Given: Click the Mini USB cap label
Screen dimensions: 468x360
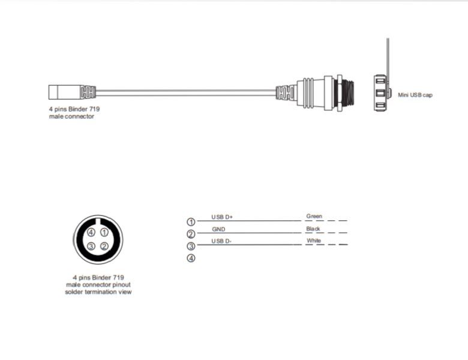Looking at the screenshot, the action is [415, 95].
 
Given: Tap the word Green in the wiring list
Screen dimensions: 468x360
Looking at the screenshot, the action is [314, 216].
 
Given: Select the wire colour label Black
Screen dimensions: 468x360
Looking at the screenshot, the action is [313, 229].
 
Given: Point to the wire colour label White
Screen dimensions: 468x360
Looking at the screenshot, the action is [314, 240].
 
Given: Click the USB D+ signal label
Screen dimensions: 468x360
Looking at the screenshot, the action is [222, 217].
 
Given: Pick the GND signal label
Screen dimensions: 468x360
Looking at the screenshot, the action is [218, 229].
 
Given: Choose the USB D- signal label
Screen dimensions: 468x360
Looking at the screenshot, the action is [221, 241].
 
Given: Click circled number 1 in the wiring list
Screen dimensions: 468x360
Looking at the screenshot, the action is [191, 222].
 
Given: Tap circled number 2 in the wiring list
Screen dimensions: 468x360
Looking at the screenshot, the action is [191, 234].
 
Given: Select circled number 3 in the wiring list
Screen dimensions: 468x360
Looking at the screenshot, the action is [191, 246].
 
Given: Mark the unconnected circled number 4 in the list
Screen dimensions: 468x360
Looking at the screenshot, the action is [191, 258].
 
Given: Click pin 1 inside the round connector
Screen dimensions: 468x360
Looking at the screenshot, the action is [104, 232].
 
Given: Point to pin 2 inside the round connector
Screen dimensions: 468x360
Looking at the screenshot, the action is [104, 246].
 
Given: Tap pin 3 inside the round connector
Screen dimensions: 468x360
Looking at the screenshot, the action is [91, 246].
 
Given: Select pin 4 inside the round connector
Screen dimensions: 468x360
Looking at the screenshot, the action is [91, 232].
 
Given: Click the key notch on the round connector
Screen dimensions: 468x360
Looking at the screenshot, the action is [98, 222].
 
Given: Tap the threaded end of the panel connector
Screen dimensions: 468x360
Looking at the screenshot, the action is [348, 93].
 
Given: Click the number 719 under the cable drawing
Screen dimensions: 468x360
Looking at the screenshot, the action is [94, 109].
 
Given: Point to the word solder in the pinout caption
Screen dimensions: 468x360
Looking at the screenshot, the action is [74, 292].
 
